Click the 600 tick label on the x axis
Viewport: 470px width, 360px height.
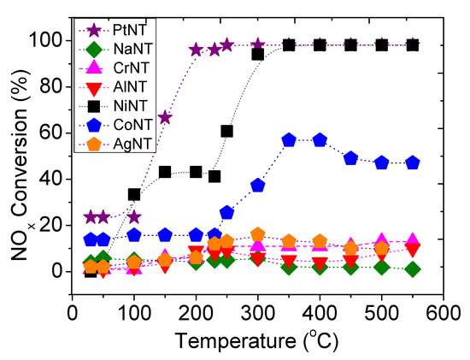(443, 313)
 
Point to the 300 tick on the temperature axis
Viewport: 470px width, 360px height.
(257, 313)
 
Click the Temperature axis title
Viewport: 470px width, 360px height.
(257, 341)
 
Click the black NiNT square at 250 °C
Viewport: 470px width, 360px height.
(226, 131)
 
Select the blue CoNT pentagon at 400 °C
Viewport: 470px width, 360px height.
(320, 140)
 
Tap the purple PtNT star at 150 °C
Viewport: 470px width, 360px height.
(165, 118)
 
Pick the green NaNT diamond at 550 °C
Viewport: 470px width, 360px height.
(413, 269)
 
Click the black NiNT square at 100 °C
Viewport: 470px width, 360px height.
(134, 195)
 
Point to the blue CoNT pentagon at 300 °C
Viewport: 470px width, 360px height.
(258, 186)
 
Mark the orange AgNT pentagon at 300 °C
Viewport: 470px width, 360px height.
(258, 234)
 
